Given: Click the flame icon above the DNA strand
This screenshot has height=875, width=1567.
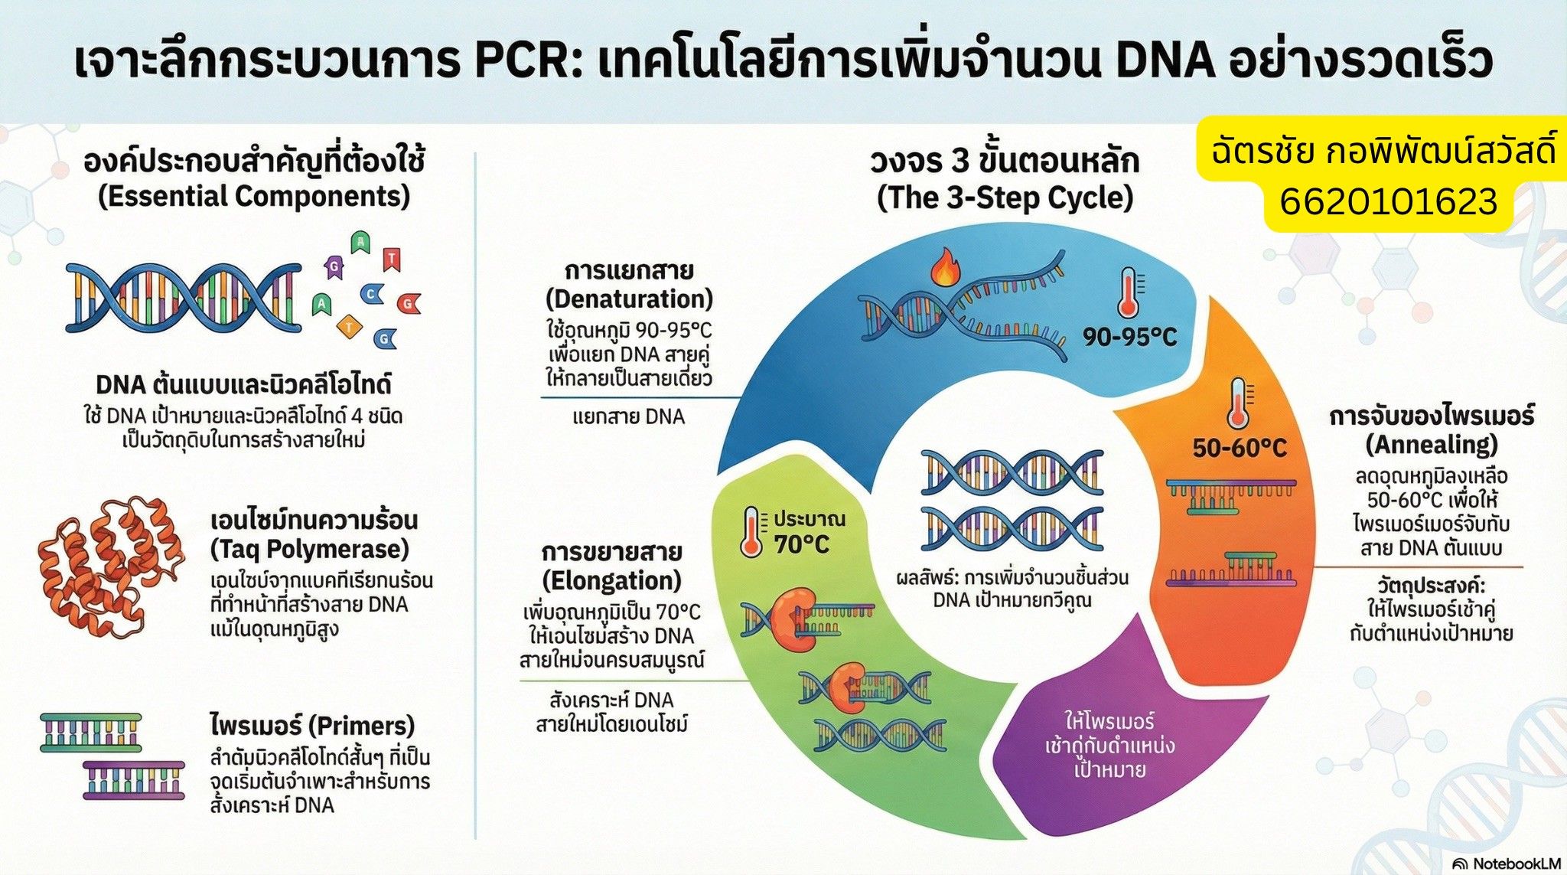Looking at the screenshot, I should point(946,267).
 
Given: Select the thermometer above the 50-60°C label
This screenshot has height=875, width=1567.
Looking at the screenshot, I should point(1237,403).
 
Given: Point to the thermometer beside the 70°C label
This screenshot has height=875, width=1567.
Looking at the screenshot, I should point(752,531).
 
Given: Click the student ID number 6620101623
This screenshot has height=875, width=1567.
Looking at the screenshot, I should point(1388,202).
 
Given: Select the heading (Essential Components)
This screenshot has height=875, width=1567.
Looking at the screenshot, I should point(254,197).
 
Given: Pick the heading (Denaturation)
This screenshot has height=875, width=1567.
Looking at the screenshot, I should point(629,299).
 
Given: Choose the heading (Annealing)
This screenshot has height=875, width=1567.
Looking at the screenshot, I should point(1432,444).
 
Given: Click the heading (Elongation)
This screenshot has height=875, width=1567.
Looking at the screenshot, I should point(611,580).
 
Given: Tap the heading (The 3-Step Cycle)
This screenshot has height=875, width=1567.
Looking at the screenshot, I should point(1005,198).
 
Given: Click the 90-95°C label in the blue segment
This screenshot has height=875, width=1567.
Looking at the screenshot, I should point(1129,337).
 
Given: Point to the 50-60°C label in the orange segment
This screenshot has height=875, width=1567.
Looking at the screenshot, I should point(1239,448).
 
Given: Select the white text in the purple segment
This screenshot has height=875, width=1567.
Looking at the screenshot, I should point(1109,745).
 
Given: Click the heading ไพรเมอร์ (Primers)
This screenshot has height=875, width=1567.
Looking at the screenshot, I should point(312,724).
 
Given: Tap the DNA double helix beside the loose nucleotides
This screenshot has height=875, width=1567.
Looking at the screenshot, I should point(183,298).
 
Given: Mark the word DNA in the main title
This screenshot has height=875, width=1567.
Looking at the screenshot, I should point(1165,61).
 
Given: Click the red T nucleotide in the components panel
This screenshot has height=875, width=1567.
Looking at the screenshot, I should point(391,260).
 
